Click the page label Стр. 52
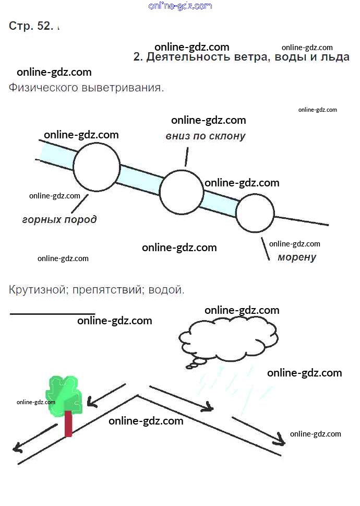(31, 27)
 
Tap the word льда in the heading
(335, 57)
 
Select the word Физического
(43, 88)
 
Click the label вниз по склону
(206, 136)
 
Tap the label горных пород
(59, 219)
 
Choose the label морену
(297, 257)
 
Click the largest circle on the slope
(97, 168)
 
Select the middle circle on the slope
(182, 192)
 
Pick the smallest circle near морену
(255, 213)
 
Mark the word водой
(166, 289)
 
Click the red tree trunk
(68, 423)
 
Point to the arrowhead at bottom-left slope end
(17, 448)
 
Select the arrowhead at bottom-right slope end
(281, 441)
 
